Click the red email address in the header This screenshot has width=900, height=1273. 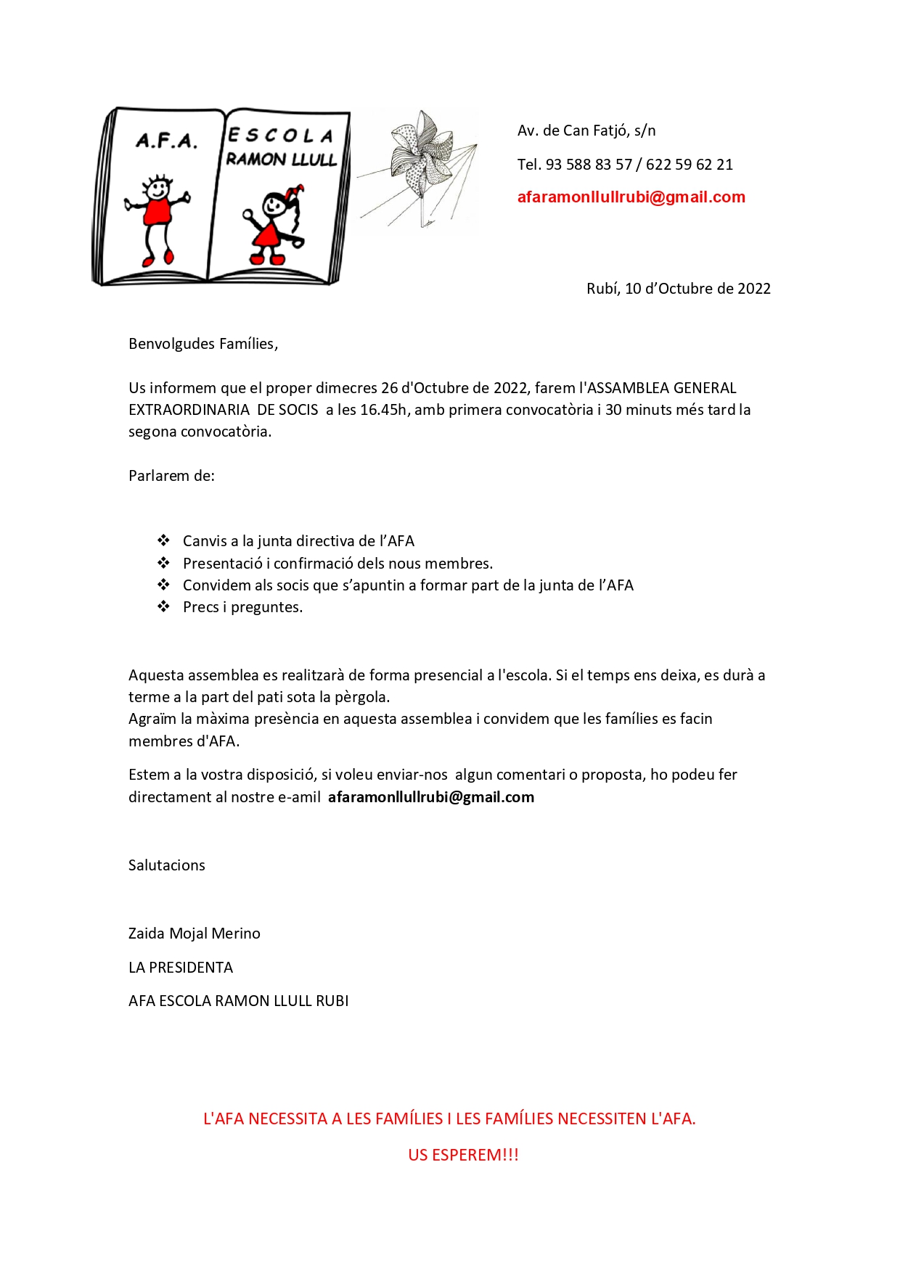click(631, 197)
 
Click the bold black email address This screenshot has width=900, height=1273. click(430, 797)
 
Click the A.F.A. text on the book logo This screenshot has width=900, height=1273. click(166, 140)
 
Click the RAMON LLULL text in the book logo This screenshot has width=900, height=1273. click(281, 160)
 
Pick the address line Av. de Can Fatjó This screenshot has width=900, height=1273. click(586, 131)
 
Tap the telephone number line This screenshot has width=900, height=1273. click(625, 165)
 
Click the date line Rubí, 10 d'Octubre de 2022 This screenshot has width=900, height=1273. click(678, 289)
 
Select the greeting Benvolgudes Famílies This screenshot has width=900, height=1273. click(203, 344)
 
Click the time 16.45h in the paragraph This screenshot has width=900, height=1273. click(382, 410)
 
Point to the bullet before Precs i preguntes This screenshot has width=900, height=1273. click(163, 606)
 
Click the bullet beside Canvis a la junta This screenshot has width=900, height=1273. click(163, 540)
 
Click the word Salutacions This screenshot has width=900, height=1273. click(166, 865)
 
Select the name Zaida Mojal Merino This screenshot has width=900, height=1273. click(194, 934)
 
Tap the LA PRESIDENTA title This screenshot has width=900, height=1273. click(180, 968)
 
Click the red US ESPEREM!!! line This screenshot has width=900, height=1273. click(463, 1155)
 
